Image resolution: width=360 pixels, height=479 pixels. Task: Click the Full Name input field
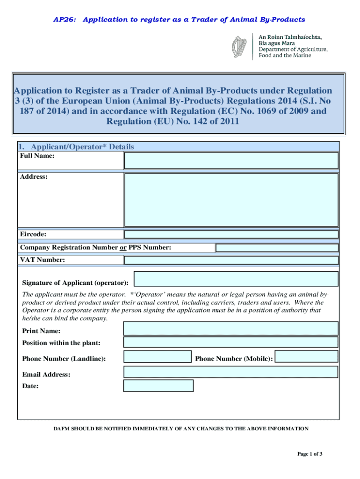pyautogui.click(x=231, y=160)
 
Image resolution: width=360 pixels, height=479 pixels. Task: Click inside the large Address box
pyautogui.click(x=231, y=200)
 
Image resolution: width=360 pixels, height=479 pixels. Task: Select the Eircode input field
pyautogui.click(x=231, y=235)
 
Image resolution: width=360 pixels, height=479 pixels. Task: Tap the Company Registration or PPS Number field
pyautogui.click(x=277, y=248)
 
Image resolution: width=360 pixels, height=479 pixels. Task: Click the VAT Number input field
pyautogui.click(x=231, y=260)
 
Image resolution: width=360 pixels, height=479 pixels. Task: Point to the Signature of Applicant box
pyautogui.click(x=236, y=279)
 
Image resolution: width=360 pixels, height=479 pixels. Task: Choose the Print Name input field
pyautogui.click(x=230, y=328)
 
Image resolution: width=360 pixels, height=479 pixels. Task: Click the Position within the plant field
pyautogui.click(x=230, y=342)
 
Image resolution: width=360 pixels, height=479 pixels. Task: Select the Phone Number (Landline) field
pyautogui.click(x=158, y=357)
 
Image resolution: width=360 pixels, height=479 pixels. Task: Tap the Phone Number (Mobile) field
pyautogui.click(x=306, y=356)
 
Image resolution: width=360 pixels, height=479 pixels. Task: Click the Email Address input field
pyautogui.click(x=230, y=372)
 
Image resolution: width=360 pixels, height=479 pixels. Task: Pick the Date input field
pyautogui.click(x=158, y=385)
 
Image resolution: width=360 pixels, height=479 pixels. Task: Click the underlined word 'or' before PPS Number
pyautogui.click(x=123, y=247)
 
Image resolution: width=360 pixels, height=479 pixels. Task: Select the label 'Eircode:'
pyautogui.click(x=33, y=234)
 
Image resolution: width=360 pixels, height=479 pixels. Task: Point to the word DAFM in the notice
pyautogui.click(x=62, y=428)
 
